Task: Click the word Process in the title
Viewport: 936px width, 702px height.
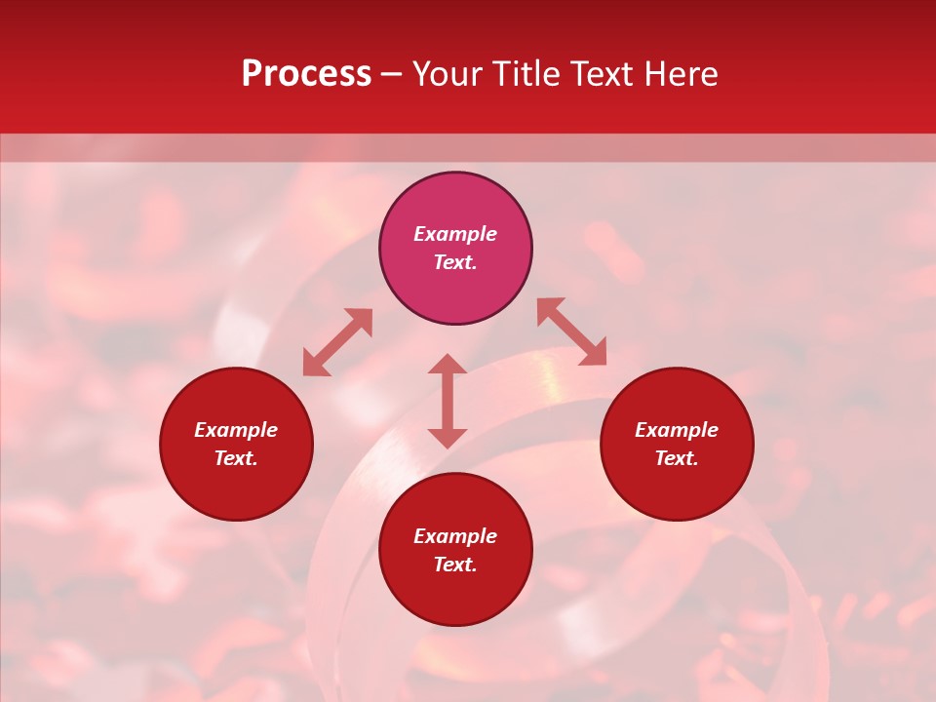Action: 306,74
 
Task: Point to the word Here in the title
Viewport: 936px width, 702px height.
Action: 679,74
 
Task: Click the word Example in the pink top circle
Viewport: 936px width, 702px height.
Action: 455,234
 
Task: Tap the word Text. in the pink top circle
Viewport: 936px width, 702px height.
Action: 455,262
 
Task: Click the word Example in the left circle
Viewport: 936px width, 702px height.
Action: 236,430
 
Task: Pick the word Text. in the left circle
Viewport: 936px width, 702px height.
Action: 236,458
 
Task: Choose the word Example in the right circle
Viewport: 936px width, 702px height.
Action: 677,430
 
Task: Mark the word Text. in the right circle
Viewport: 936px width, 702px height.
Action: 677,458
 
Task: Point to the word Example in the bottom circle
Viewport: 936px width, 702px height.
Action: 455,536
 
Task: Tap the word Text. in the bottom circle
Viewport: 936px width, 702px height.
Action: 455,565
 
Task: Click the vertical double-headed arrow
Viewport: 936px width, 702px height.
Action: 448,401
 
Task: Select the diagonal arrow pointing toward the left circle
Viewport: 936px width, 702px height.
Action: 337,342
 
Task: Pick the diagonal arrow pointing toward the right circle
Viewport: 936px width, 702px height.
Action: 572,331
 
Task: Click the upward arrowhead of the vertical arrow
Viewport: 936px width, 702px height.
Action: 448,364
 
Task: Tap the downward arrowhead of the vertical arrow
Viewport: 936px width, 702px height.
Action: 448,438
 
